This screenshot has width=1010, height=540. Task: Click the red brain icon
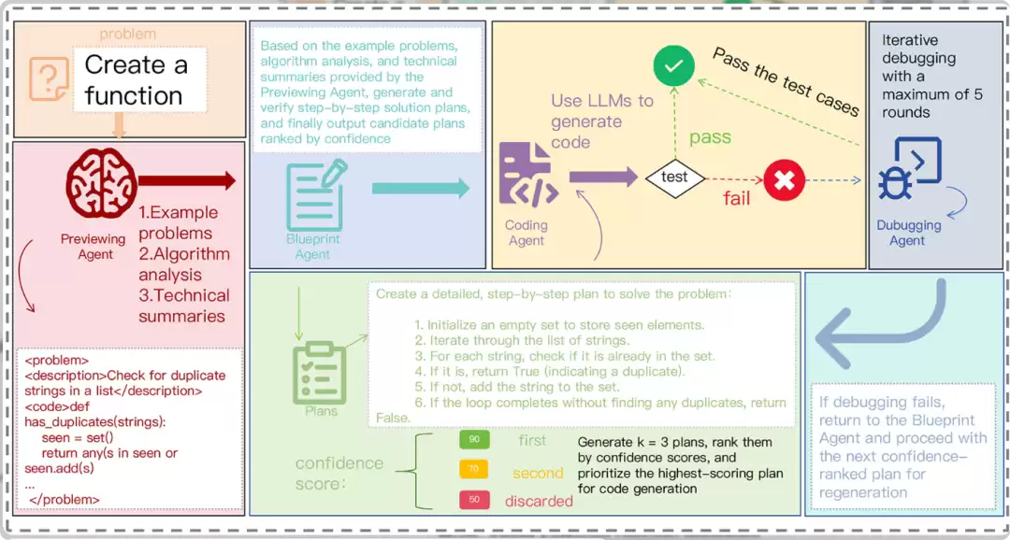101,183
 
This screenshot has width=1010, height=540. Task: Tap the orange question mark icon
49,79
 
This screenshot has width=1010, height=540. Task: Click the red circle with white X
784,180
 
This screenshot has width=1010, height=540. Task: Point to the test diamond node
675,177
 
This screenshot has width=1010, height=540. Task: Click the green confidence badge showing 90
474,440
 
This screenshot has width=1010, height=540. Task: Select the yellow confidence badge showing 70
474,469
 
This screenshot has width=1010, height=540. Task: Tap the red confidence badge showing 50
474,500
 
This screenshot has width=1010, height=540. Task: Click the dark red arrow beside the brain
187,181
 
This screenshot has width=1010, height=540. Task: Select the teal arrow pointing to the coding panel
421,189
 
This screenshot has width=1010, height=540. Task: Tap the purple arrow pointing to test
603,177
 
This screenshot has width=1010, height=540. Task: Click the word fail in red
737,197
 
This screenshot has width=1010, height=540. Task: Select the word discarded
540,501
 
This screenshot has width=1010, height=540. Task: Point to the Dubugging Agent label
908,233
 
